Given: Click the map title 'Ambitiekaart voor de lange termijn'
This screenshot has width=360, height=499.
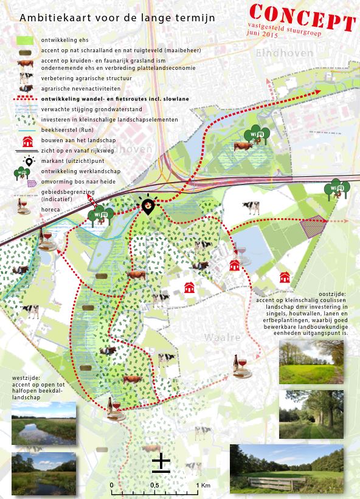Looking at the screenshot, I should point(117,19).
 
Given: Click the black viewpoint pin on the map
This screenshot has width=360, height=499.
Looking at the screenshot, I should point(148,206).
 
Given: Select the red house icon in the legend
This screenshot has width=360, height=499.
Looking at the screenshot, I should point(27,142).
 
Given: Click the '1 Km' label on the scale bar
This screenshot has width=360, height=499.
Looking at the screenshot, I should point(203,486).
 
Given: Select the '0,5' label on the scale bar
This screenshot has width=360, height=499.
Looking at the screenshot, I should point(154,486).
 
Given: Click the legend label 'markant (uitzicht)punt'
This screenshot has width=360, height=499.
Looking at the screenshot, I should point(75,161).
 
